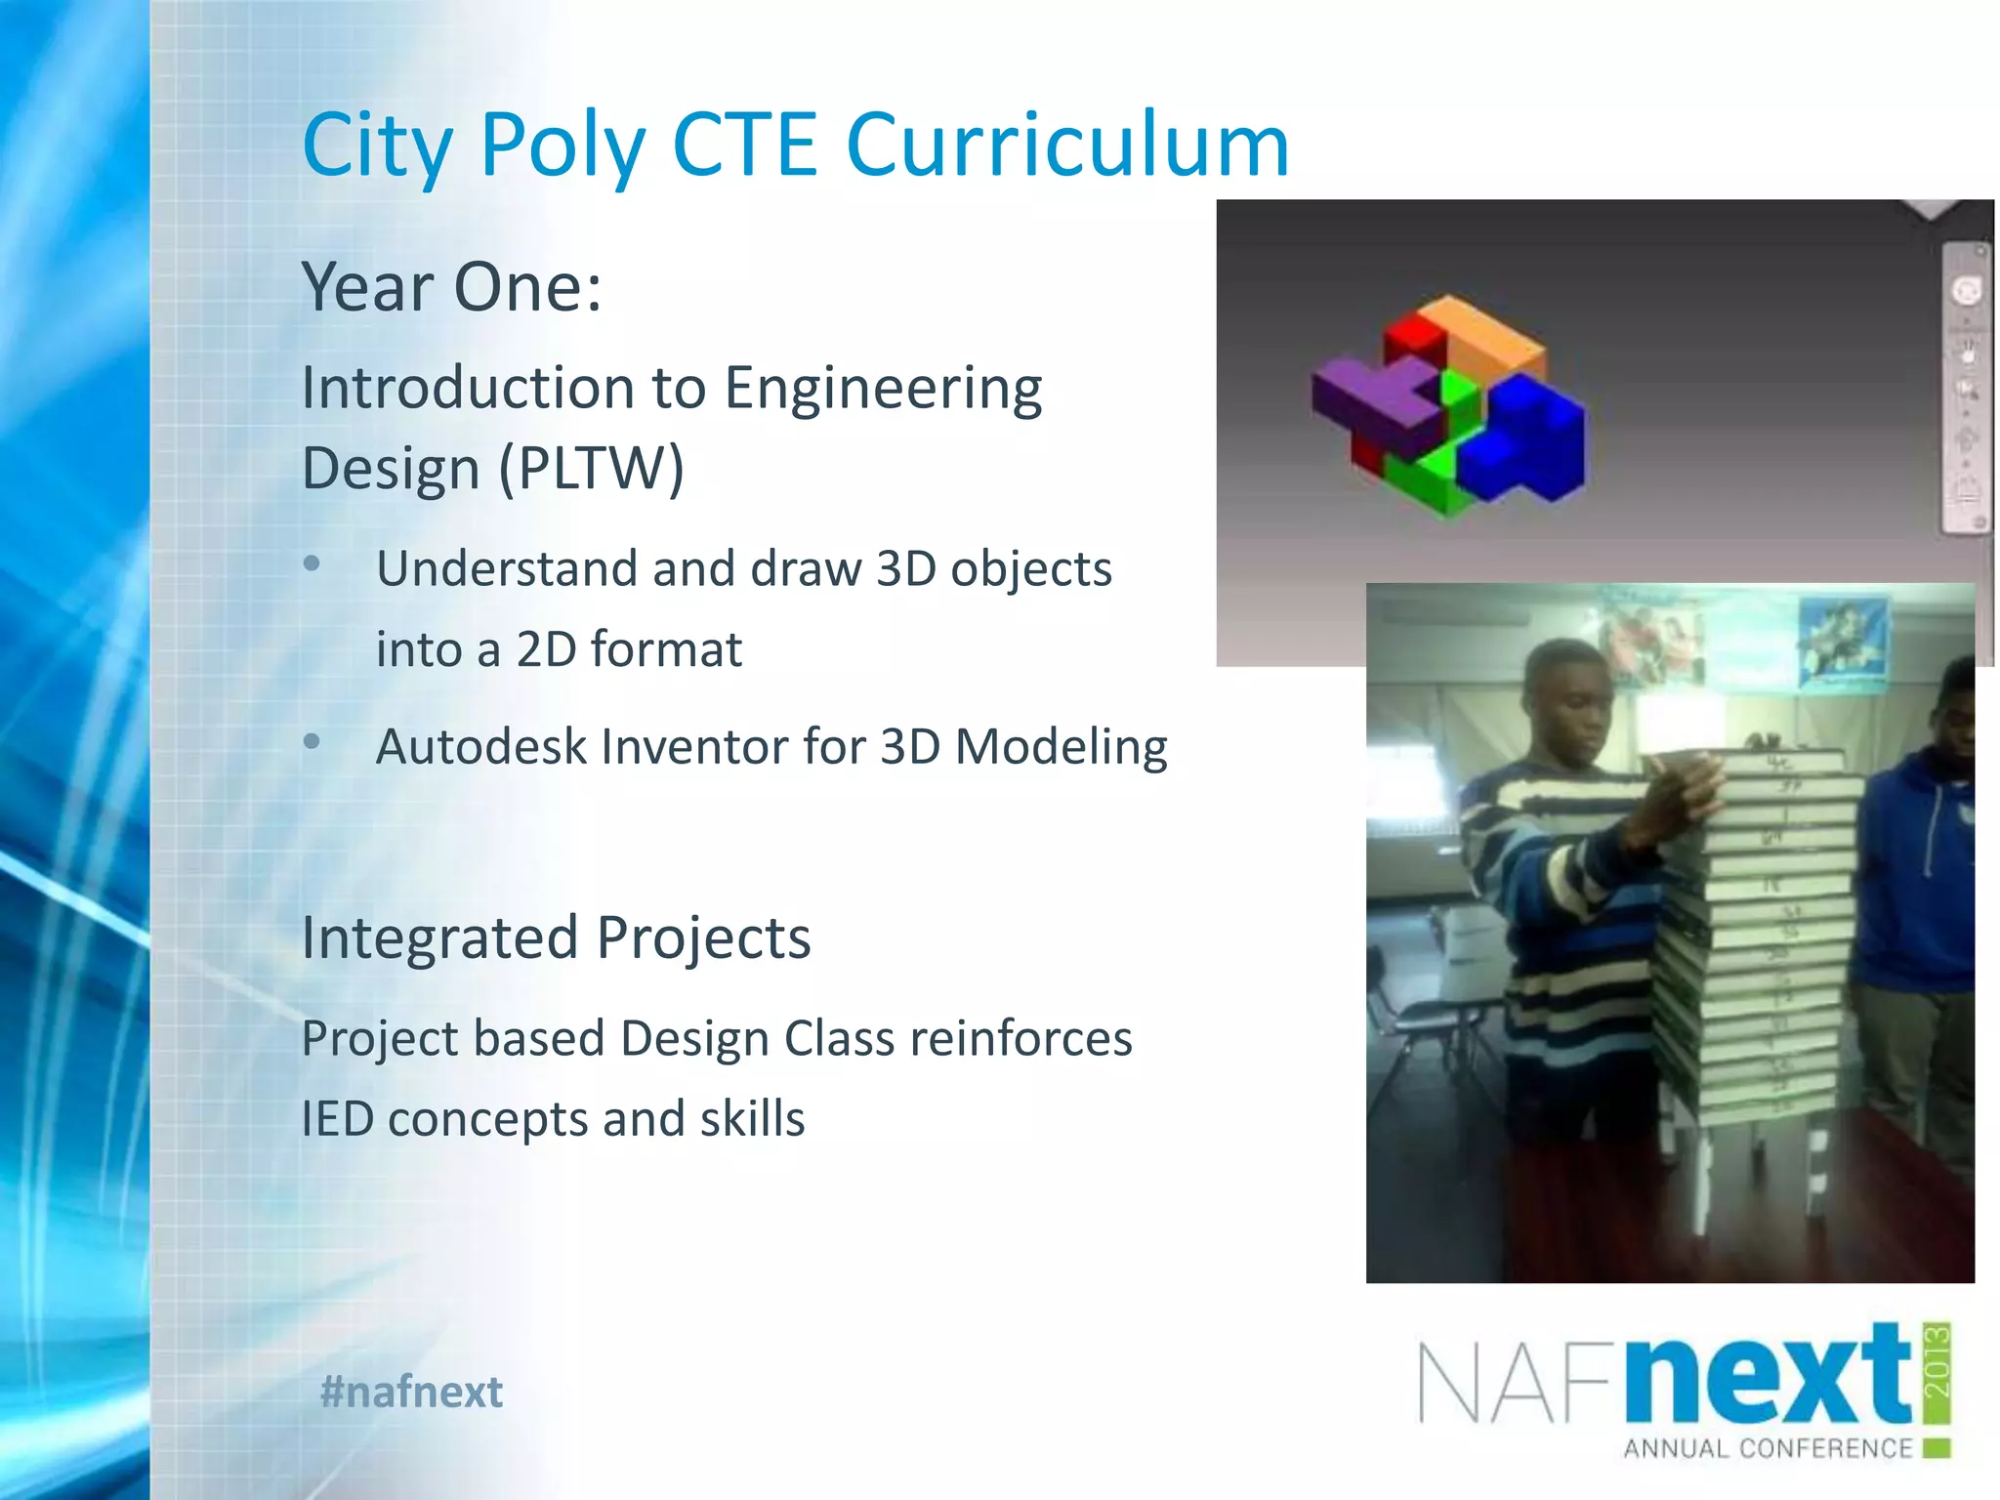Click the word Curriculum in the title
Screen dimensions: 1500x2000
point(1066,145)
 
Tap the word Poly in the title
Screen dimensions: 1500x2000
point(562,146)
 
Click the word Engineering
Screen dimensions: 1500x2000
point(883,389)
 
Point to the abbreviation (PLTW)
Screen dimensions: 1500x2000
point(592,469)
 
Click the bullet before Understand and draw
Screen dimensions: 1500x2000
point(312,563)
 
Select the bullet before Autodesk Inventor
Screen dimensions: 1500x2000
point(312,742)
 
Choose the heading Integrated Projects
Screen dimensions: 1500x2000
point(556,937)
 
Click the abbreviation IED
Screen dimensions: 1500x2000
point(337,1119)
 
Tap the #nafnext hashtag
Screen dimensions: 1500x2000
point(411,1392)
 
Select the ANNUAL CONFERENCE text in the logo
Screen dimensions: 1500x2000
point(1768,1448)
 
